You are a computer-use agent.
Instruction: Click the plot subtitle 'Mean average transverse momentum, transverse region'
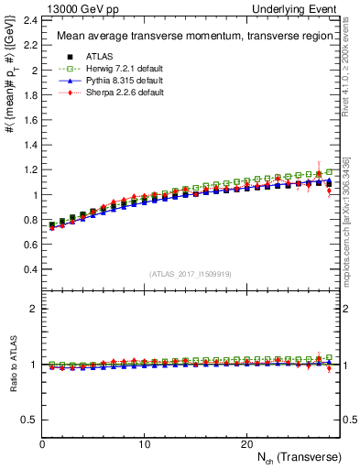pyautogui.click(x=187, y=37)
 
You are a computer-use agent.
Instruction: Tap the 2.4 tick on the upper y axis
pyautogui.click(x=29, y=20)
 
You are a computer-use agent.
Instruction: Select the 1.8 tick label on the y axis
pyautogui.click(x=29, y=95)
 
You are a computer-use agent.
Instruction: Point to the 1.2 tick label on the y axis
pyautogui.click(x=29, y=170)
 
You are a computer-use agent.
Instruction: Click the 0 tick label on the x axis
pyautogui.click(x=42, y=443)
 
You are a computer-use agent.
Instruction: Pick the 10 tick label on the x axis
pyautogui.click(x=144, y=443)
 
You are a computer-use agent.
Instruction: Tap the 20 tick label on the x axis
pyautogui.click(x=245, y=443)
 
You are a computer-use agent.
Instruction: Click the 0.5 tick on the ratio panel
pyautogui.click(x=29, y=420)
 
